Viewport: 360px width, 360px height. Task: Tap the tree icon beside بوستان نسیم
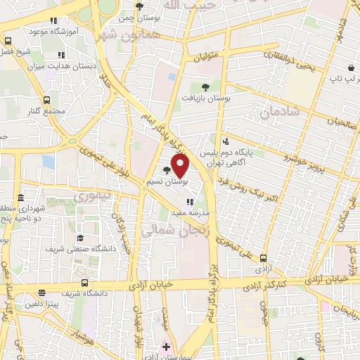coord(167,170)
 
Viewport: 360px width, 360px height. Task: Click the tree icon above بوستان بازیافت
coord(205,86)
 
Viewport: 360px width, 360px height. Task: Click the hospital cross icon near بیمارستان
coord(166,347)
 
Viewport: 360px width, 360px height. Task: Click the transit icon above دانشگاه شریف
coord(85,283)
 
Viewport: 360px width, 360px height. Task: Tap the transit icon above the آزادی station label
coord(264,259)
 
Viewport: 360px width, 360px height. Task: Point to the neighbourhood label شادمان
coord(279,111)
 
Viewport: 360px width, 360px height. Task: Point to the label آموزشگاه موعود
coord(44,32)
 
